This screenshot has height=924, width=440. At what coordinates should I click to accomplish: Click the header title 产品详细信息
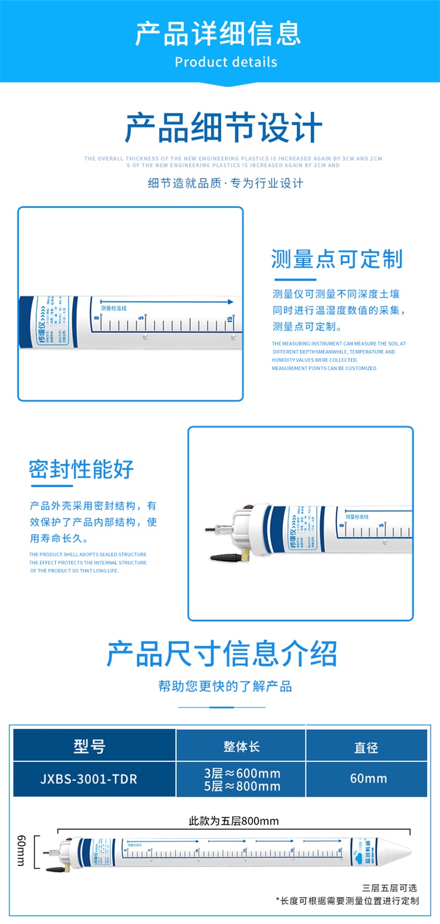coord(218,34)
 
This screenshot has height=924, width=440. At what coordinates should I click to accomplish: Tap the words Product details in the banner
coord(226,62)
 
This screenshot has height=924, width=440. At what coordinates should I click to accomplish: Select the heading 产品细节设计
coord(224,128)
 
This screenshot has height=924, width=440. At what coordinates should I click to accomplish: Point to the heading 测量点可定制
coord(337,259)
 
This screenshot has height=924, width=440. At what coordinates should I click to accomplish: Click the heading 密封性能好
coord(82,470)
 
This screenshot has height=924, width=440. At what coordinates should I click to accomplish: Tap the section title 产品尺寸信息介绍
coord(222,654)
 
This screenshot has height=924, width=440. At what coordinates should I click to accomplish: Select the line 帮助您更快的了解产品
coord(225,686)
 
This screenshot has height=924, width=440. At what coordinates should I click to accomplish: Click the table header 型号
coord(90,746)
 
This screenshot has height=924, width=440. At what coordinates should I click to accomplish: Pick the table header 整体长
coord(241,747)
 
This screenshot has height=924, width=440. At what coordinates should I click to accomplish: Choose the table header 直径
coord(366,747)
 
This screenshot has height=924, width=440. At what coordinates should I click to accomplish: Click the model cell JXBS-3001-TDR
coord(89,780)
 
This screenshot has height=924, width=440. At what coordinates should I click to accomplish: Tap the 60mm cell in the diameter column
coord(368,779)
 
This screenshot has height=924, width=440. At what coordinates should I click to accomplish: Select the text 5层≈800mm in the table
coord(242,787)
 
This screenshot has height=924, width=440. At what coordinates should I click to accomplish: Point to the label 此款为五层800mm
coord(233,821)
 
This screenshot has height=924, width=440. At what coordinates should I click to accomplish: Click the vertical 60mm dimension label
coord(21,851)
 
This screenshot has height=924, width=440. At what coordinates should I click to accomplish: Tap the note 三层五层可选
coord(390,888)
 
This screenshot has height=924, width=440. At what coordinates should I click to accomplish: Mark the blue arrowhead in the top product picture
coord(231,302)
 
